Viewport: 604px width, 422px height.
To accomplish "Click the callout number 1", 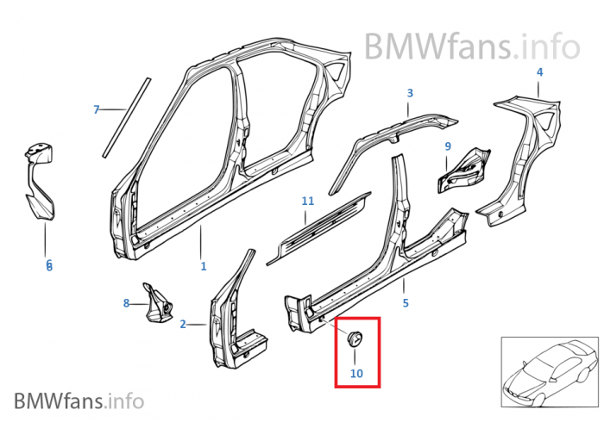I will click(203, 266).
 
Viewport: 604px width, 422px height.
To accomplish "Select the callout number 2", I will click(183, 325).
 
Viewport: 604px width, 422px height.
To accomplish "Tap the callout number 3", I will click(410, 93).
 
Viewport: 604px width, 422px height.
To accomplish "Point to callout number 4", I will click(539, 72).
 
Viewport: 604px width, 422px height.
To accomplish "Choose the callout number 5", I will click(406, 302).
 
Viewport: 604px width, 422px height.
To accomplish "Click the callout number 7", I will click(97, 109).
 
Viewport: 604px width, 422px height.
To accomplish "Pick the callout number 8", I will click(126, 302).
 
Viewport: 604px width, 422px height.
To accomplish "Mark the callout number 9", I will click(448, 146).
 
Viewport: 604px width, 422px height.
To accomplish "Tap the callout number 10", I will click(356, 373).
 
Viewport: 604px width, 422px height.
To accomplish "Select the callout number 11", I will click(307, 201).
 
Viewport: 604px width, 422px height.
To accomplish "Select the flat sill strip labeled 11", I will click(319, 225).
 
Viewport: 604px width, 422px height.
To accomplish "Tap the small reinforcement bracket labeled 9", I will click(464, 169).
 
